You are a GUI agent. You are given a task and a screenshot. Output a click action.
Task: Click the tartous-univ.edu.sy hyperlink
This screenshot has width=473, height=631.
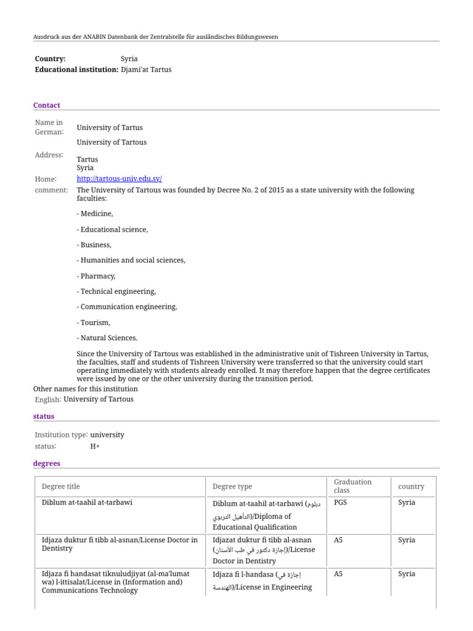(119, 179)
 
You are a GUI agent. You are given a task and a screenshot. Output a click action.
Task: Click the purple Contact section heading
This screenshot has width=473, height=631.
(47, 105)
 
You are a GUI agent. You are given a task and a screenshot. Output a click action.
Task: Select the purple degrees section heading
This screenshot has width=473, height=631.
(47, 463)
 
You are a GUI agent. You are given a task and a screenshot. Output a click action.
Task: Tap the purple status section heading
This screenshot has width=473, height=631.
(44, 417)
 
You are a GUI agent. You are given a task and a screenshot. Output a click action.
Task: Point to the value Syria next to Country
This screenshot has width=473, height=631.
(129, 59)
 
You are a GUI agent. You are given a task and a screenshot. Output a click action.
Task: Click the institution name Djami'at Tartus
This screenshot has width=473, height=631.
(146, 70)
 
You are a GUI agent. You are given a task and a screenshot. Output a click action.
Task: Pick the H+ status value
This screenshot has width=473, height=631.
(95, 446)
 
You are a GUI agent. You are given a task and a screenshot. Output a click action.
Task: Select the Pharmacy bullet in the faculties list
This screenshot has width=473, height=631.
(96, 276)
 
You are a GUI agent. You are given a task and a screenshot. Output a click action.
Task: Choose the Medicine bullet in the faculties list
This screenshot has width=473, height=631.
(95, 214)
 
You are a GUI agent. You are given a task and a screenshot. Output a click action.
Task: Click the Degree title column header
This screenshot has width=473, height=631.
(61, 486)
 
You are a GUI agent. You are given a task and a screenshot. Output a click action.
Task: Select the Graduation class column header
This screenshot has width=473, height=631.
(353, 486)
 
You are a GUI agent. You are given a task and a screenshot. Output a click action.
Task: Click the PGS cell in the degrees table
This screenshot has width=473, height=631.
(340, 503)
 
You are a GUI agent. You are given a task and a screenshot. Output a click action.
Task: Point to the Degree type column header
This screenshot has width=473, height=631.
(232, 486)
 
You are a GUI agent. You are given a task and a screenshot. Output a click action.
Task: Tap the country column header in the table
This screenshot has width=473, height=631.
(411, 486)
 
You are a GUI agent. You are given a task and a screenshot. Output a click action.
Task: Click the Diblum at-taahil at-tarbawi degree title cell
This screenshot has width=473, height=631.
(87, 503)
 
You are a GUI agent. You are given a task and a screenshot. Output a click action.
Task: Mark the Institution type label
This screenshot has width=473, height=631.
(61, 435)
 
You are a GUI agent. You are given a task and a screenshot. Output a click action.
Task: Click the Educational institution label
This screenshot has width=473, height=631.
(76, 70)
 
